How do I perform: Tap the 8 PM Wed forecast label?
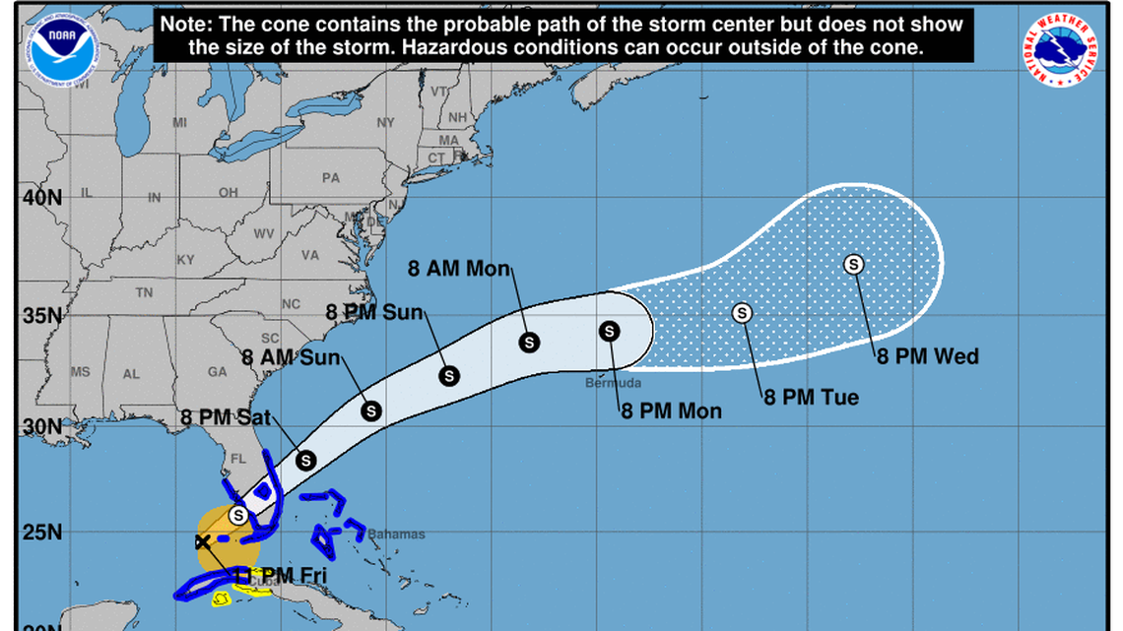point(928,356)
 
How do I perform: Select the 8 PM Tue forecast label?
point(811,398)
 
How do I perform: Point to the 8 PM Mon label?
point(671,411)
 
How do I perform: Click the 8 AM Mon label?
point(460,268)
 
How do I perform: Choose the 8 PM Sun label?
point(374,313)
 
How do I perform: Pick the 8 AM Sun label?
point(293,357)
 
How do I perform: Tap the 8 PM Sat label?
point(226,417)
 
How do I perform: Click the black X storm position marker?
point(203,541)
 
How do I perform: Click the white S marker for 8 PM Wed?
point(854,264)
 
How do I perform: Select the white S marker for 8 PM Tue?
point(743,312)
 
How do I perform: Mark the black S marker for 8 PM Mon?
point(610,331)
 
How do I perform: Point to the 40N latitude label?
point(42,196)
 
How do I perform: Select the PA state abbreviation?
point(330,178)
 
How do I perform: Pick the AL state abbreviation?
point(131,374)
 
